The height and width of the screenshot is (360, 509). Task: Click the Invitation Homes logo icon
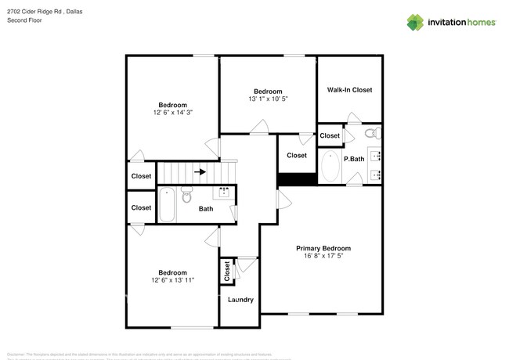click(414, 23)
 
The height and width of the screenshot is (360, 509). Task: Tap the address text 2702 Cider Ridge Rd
click(32, 11)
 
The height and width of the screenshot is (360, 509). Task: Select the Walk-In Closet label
click(349, 90)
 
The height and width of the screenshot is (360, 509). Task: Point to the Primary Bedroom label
click(323, 248)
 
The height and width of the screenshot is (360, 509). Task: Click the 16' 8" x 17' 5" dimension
click(323, 256)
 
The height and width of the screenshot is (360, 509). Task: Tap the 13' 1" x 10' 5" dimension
click(268, 99)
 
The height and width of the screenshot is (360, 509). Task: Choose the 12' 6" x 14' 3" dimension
click(172, 113)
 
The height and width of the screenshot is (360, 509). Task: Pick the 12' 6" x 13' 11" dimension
click(172, 280)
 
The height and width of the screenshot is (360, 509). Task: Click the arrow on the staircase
click(200, 171)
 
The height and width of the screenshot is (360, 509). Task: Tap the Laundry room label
click(240, 300)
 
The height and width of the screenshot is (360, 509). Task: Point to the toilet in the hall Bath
click(187, 196)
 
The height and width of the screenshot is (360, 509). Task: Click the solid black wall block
click(297, 179)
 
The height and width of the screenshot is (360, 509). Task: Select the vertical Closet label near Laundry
click(227, 271)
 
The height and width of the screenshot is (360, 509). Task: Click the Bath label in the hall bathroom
click(205, 209)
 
